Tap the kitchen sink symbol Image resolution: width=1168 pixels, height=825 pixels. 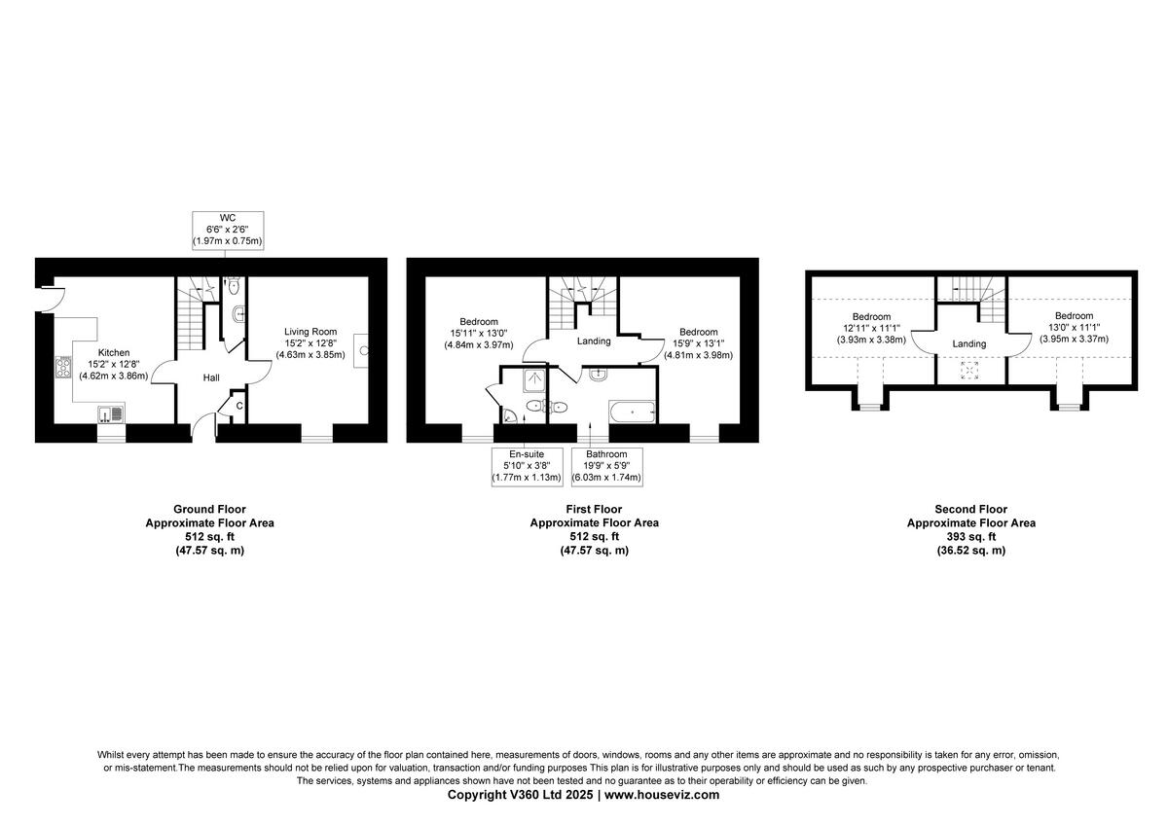(x=110, y=415)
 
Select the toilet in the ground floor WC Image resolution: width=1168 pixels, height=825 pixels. (x=235, y=287)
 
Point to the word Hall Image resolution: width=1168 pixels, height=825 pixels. (x=211, y=377)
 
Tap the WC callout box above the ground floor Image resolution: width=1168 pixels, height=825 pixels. (x=229, y=228)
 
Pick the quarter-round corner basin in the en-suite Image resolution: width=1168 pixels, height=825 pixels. (x=511, y=415)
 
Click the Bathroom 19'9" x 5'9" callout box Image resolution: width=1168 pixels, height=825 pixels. (x=606, y=466)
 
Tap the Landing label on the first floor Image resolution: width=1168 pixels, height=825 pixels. (x=594, y=341)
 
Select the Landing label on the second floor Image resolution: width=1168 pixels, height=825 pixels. (x=969, y=343)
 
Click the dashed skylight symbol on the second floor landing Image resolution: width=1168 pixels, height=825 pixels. (x=969, y=370)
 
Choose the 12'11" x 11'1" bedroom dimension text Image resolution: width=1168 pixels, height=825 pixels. (x=871, y=328)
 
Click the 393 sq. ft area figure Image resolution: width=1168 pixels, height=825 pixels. (x=970, y=536)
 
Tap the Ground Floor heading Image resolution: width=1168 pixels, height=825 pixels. (x=209, y=509)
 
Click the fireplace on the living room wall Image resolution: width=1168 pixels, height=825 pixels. (x=362, y=348)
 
